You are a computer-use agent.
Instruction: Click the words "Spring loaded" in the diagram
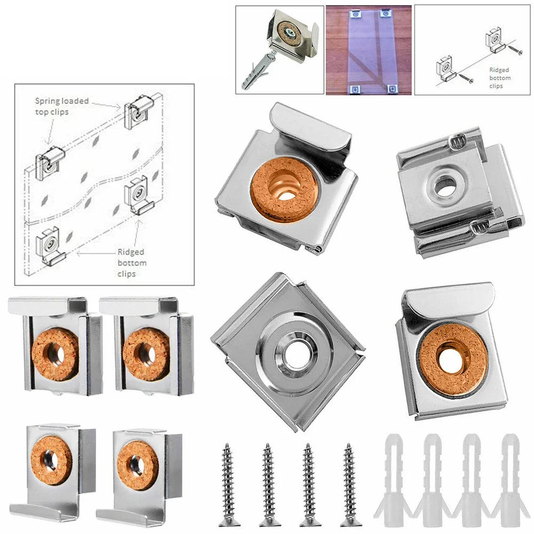point(62,100)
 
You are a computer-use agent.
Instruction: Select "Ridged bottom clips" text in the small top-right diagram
point(499,78)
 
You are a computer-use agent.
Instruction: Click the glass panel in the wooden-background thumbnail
point(368,51)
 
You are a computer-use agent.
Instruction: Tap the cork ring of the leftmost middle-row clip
point(55,352)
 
